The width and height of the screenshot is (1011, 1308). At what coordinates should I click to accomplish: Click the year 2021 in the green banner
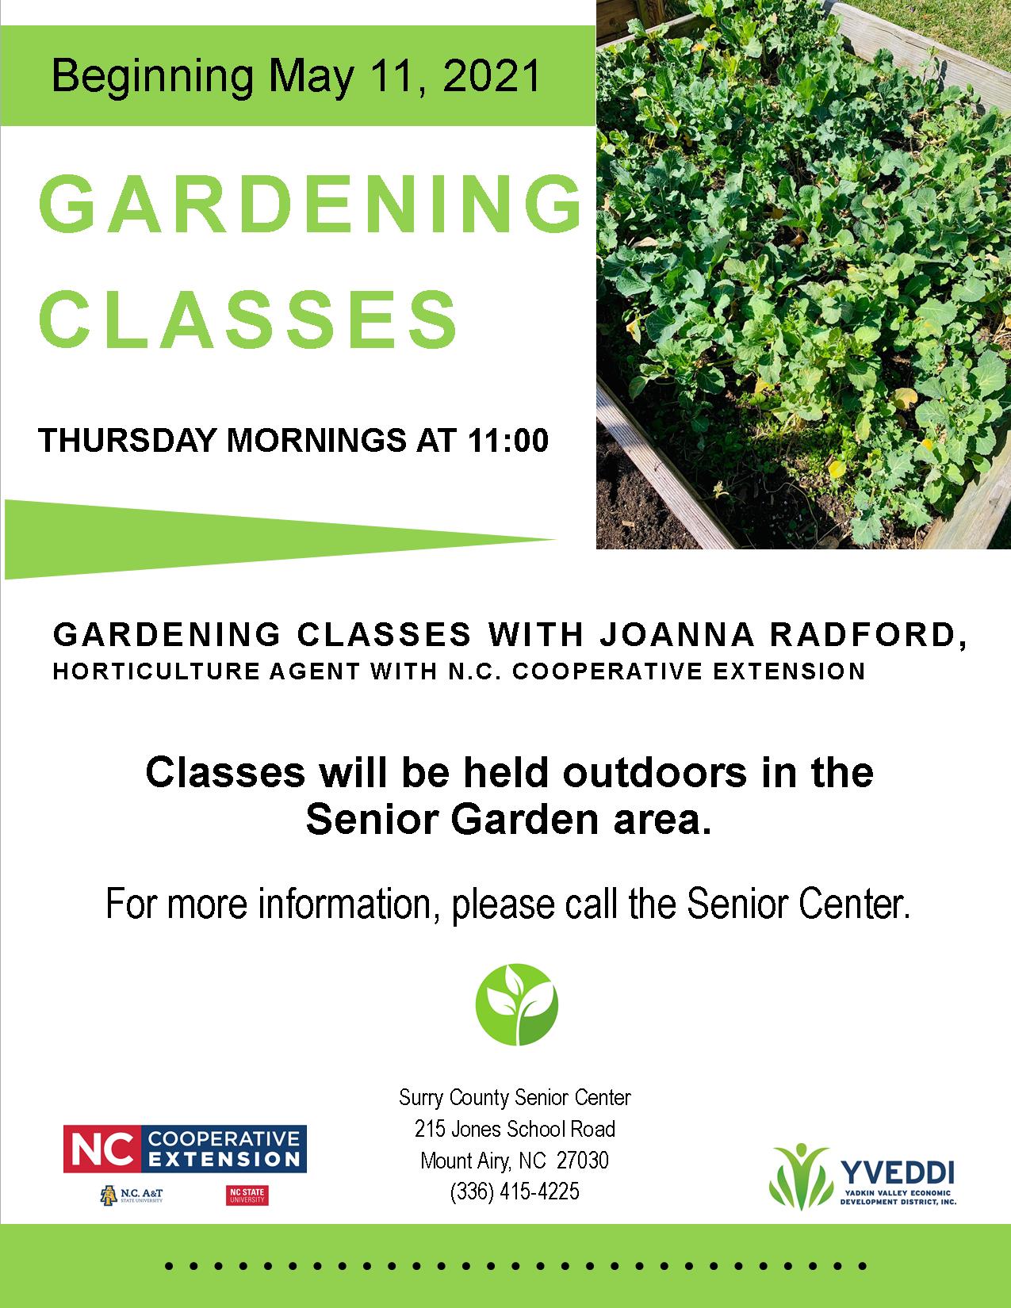(492, 76)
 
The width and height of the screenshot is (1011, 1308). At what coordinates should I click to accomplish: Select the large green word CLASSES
(248, 319)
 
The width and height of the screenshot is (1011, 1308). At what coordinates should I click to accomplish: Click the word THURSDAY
(127, 440)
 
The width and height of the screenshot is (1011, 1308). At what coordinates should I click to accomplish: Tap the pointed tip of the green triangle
(553, 539)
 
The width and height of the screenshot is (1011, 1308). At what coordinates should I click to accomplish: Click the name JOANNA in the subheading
(677, 634)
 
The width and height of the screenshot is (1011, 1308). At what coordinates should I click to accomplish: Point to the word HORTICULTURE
(156, 671)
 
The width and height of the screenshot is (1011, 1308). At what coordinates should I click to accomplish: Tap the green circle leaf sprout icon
(517, 1004)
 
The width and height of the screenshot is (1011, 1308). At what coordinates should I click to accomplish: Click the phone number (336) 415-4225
(515, 1191)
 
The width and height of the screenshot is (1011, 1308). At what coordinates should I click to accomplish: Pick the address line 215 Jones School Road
(515, 1129)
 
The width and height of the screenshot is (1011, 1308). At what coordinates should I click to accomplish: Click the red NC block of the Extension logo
(102, 1149)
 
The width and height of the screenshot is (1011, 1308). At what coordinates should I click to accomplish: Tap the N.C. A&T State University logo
(132, 1195)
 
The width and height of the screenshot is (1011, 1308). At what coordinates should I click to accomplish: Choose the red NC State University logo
(247, 1195)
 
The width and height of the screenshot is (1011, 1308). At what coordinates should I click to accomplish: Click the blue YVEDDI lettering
(897, 1172)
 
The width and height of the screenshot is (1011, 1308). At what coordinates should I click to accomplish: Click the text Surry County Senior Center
(515, 1097)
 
